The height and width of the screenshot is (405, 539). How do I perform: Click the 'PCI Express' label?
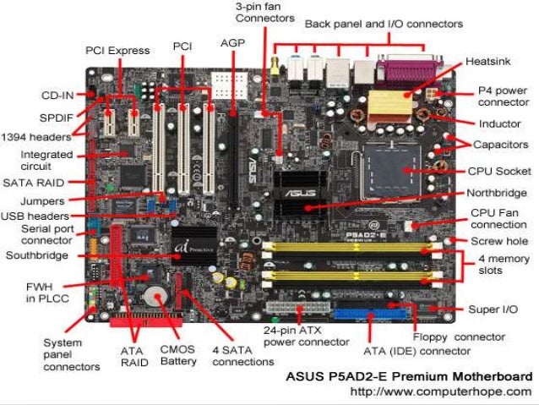click(x=117, y=51)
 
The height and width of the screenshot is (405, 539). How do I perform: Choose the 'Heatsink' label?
click(x=487, y=62)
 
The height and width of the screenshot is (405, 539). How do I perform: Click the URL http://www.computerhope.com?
click(x=440, y=391)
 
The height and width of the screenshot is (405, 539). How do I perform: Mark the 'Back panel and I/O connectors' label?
click(x=383, y=24)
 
